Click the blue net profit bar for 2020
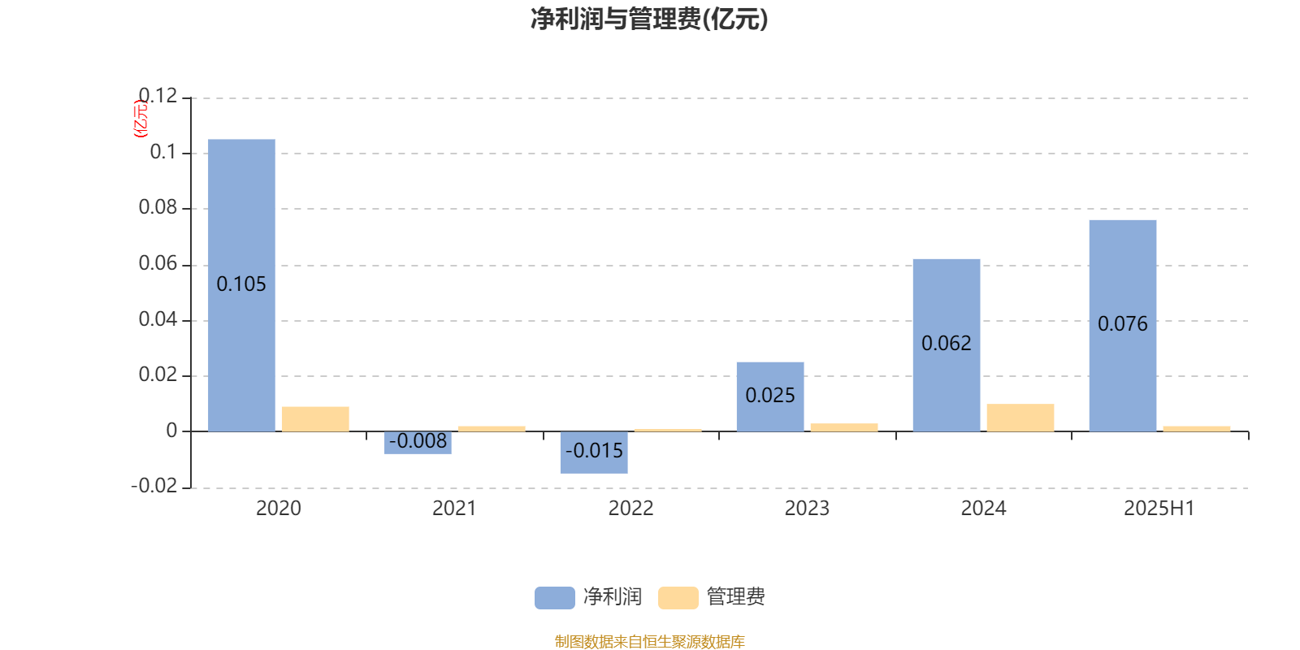(241, 285)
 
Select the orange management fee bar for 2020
(315, 419)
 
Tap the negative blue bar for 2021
(418, 442)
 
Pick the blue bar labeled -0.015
(594, 452)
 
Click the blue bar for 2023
(770, 397)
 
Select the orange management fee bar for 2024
(1020, 418)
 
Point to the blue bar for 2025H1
(1122, 326)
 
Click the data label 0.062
(946, 343)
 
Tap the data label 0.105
(240, 284)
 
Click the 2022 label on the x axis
(630, 509)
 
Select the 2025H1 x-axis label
(1159, 509)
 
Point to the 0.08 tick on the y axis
(158, 207)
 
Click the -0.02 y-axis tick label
(154, 485)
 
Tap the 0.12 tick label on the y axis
(158, 96)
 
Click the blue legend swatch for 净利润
(555, 598)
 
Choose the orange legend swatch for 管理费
(678, 598)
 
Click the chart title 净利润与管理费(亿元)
(649, 19)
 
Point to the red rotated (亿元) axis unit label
(141, 119)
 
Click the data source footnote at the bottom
(649, 641)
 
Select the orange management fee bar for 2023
(844, 427)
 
